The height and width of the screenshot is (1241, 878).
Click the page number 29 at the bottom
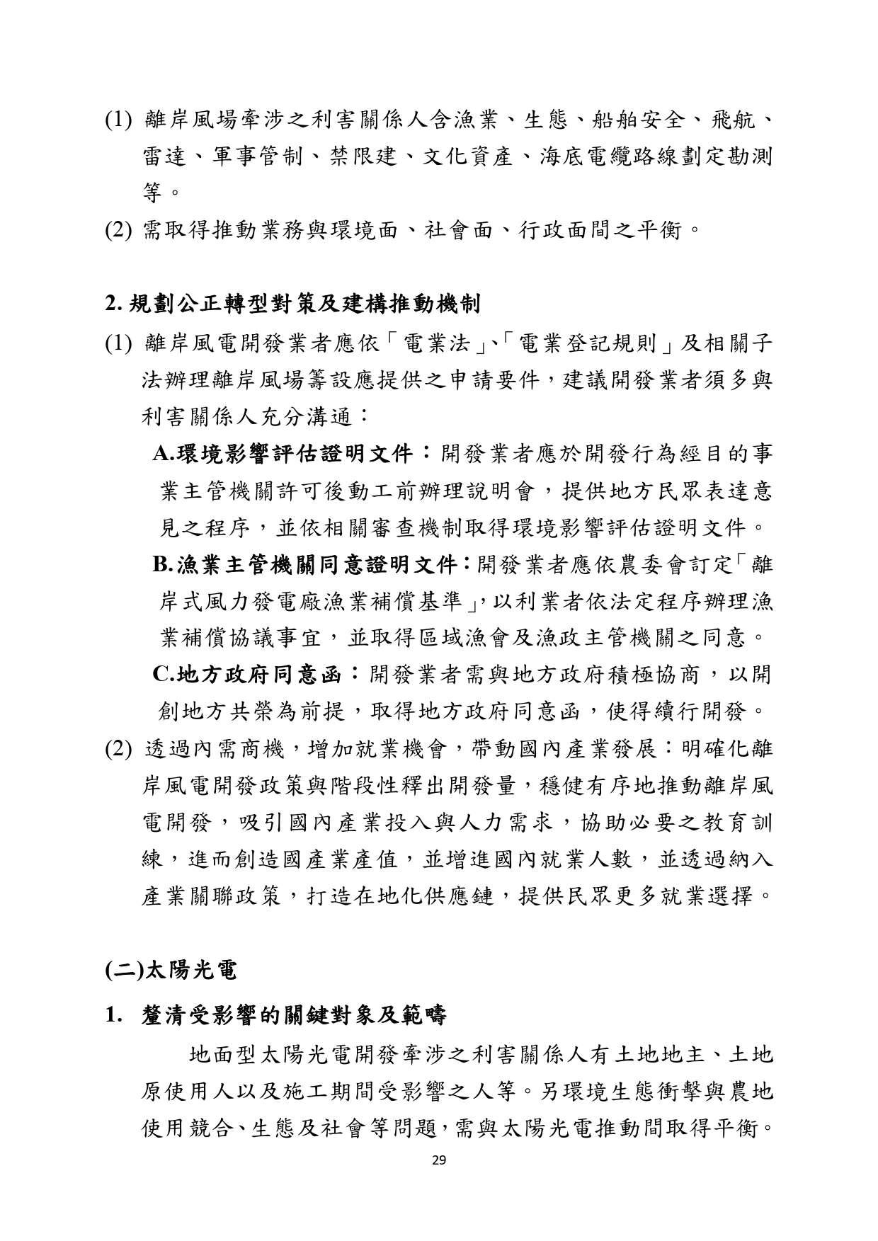coord(438,1160)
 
